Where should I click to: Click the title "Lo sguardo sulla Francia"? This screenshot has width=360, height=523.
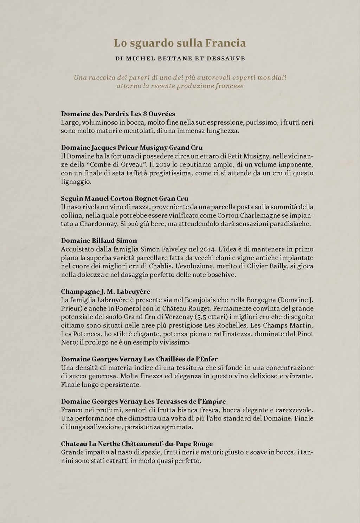(180, 43)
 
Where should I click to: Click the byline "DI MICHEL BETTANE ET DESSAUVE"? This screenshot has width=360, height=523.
(180, 58)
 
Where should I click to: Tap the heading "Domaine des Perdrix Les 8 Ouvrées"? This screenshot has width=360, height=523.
(118, 114)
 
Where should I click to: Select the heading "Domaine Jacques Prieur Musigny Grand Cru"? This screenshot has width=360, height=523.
(132, 148)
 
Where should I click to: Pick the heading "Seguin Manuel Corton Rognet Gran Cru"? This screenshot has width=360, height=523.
(124, 198)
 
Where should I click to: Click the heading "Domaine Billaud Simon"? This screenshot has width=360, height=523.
(99, 241)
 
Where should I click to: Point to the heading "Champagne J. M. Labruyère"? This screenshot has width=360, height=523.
(105, 292)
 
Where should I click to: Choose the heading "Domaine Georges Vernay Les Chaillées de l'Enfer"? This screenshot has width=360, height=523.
(139, 359)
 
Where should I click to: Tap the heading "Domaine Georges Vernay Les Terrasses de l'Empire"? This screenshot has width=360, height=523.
(143, 401)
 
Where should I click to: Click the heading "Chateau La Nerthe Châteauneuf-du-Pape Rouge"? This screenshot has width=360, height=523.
(137, 444)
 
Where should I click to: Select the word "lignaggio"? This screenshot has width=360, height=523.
(76, 182)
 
